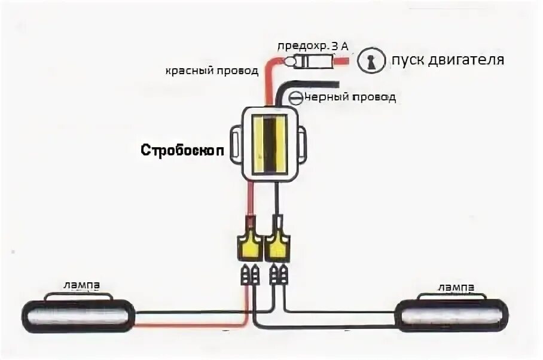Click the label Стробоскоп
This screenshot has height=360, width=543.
coord(182,150)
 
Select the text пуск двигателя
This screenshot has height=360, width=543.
coord(448,60)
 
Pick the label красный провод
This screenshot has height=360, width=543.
coord(212,71)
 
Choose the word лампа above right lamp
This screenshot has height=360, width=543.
coord(456,287)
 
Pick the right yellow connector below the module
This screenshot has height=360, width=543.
coord(277,244)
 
